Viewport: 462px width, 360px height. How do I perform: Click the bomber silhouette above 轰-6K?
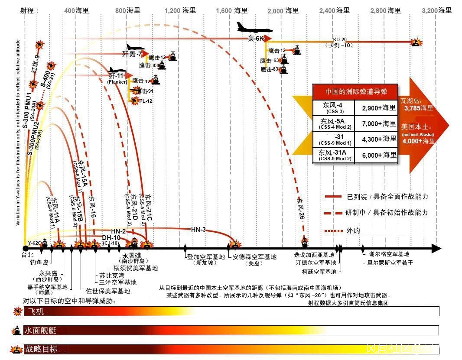pos(254,29)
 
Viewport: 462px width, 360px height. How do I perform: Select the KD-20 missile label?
pos(340,39)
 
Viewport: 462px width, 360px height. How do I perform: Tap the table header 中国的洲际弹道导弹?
pos(355,91)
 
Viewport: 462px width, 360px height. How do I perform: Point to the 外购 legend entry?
pos(353,230)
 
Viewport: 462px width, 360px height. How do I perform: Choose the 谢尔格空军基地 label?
pos(389,254)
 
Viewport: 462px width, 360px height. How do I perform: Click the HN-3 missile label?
pos(198,230)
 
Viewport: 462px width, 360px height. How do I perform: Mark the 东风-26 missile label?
pos(300,208)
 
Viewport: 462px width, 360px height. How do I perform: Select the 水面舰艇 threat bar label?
pos(39,331)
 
